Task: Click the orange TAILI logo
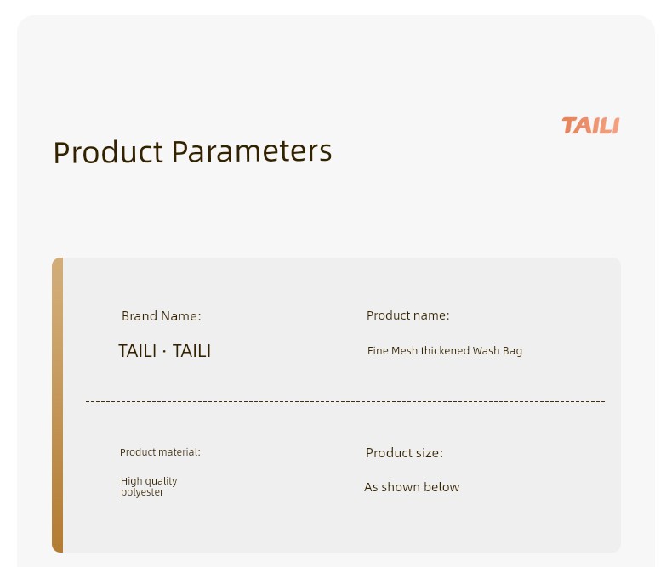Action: point(590,126)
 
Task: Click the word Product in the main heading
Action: point(108,152)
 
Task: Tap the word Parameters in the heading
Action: point(252,151)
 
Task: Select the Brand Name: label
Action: point(161,316)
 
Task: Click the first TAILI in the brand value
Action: point(137,351)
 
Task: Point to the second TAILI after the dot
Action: point(191,351)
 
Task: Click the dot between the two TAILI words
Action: point(164,352)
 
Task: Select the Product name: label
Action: point(408,315)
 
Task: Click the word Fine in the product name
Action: point(378,351)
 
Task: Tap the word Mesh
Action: point(405,351)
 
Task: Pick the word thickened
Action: point(445,351)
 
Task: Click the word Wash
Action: point(486,351)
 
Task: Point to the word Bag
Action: point(513,351)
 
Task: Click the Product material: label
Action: point(160,452)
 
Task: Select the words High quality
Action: point(149,481)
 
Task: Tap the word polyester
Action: point(142,492)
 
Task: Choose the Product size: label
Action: point(404,453)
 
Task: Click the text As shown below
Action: point(412,487)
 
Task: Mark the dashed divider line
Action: point(345,402)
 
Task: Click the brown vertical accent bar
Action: point(58,405)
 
